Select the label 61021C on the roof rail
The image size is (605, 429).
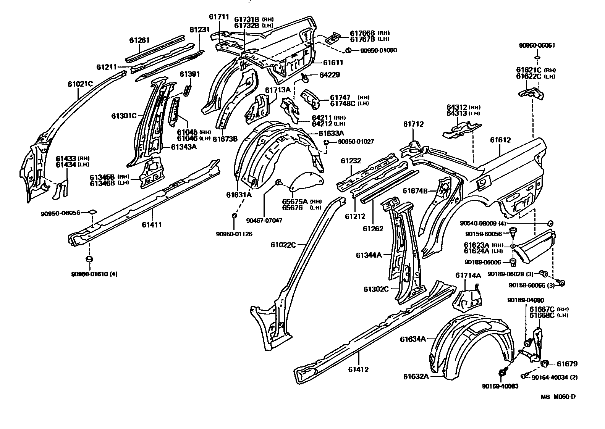pos(80,83)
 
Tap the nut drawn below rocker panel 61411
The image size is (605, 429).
pos(89,260)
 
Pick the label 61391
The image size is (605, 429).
pos(190,74)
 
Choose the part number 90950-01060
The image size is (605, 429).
pos(374,50)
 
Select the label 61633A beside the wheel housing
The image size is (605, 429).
pos(332,133)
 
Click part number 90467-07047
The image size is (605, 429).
pos(264,220)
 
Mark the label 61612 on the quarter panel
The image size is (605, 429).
pos(500,140)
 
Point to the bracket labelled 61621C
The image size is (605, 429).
pos(532,94)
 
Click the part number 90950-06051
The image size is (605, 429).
pos(537,45)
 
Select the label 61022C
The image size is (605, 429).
pos(283,244)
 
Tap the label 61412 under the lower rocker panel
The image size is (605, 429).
pos(358,369)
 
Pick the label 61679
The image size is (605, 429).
pos(567,364)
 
